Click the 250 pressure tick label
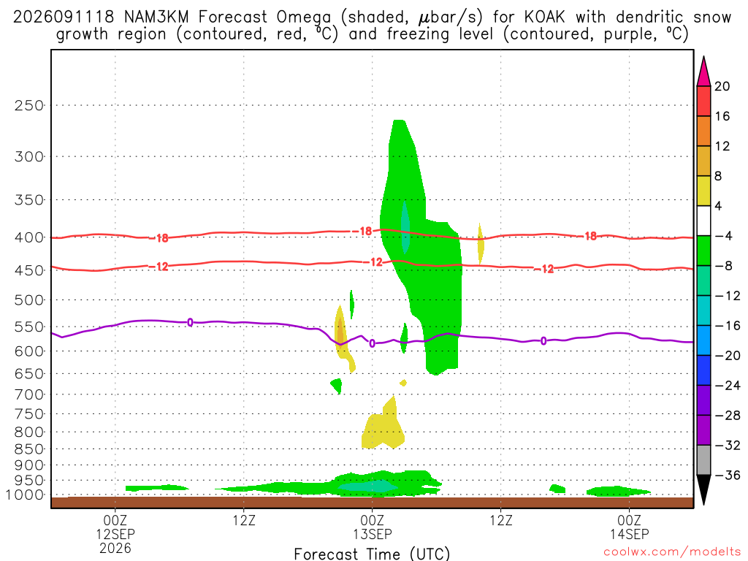29,105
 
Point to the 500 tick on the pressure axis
29,300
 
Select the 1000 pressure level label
25,495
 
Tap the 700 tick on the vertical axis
29,394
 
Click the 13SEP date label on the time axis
372,534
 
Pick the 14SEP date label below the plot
629,534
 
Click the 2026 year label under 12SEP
115,548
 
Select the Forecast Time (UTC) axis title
372,554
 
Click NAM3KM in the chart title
156,18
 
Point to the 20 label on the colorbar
722,86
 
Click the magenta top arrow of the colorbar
703,72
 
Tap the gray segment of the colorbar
703,460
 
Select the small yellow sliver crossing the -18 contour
481,243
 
